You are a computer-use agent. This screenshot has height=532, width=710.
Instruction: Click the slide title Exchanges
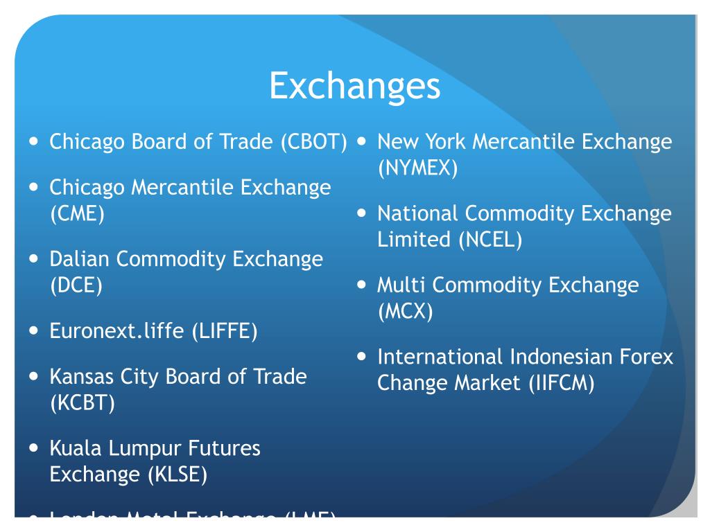354,86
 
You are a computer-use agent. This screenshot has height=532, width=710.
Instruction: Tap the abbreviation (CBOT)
314,142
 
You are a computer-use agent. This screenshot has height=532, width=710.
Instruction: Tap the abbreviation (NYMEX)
417,168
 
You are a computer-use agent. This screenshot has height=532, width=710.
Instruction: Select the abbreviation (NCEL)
489,240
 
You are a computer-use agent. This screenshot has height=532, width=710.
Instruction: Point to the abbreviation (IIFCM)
562,383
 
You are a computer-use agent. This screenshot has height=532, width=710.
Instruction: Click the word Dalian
80,259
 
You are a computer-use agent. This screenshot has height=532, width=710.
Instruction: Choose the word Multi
402,285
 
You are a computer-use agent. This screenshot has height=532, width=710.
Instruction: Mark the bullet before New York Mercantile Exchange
361,141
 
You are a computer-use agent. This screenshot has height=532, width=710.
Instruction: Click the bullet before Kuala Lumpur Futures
35,448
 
